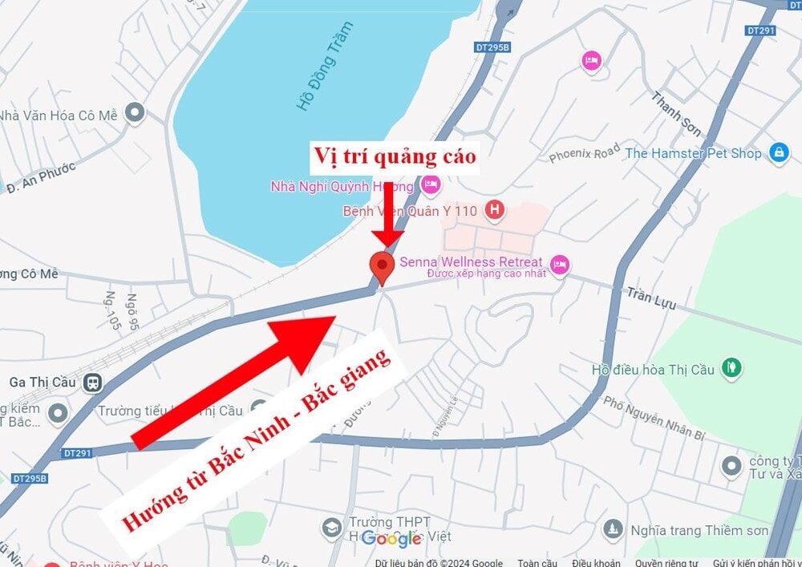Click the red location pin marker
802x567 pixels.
tap(382, 266)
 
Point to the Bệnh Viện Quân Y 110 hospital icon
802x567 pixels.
tap(496, 211)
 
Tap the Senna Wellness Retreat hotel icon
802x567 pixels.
tap(560, 262)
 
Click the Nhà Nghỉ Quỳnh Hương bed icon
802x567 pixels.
tap(431, 186)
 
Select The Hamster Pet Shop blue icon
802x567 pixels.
tap(778, 152)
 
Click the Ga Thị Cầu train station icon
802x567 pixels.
tap(92, 382)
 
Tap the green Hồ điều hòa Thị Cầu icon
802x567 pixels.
tap(730, 369)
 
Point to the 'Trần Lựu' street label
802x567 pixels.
tap(651, 298)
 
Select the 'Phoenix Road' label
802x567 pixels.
tap(585, 152)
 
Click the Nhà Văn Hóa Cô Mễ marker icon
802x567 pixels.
tap(135, 112)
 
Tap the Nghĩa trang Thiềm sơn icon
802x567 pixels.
tap(613, 529)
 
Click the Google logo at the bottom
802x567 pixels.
tap(391, 538)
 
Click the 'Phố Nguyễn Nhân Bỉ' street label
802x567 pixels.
tap(653, 419)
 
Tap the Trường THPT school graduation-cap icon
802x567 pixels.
tap(331, 528)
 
